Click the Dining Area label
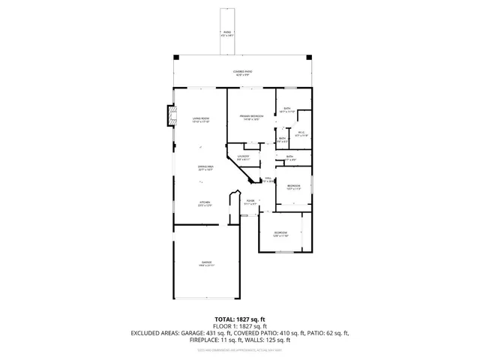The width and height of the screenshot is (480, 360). (x=205, y=168)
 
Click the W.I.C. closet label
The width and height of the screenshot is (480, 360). (x=301, y=134)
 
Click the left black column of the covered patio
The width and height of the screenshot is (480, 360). (x=175, y=57)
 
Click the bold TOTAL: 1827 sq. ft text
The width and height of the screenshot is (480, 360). (x=240, y=319)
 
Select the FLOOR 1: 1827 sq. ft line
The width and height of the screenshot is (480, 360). (x=240, y=326)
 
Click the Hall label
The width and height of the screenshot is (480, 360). (x=267, y=179)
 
